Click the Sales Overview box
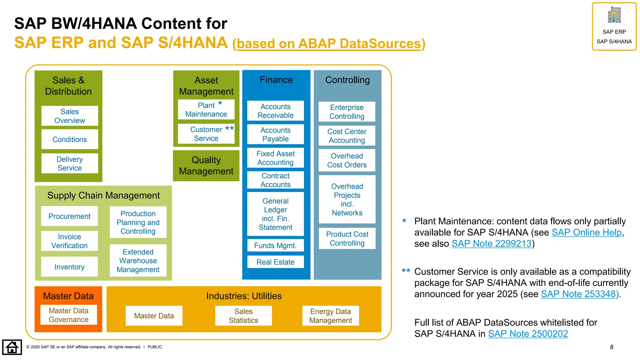69,116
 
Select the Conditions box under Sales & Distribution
69,139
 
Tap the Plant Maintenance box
206,109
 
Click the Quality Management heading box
206,166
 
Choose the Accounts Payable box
275,134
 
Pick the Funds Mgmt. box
275,246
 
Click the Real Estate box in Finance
275,262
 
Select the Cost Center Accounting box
347,136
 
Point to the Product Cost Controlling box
347,238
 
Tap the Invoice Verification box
69,241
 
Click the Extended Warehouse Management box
138,261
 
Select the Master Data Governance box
68,315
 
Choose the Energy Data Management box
330,316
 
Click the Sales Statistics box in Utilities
243,316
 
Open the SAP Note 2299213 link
491,244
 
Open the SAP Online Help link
586,232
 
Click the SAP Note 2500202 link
528,334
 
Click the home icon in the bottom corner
12,347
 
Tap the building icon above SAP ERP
614,15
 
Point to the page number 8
612,347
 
